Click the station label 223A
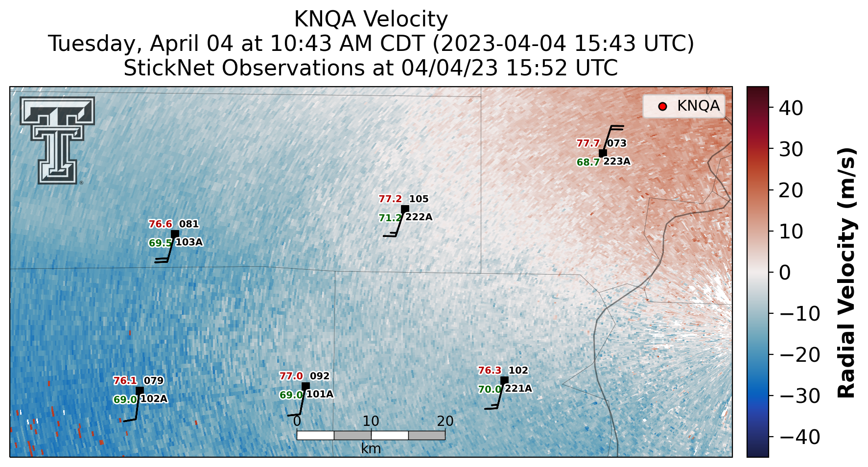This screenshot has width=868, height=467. (x=617, y=162)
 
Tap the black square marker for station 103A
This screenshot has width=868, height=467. (x=175, y=234)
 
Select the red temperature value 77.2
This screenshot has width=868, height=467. (x=390, y=199)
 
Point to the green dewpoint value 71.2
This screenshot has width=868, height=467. (x=390, y=218)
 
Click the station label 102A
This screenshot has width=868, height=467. (x=154, y=399)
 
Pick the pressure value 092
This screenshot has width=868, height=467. (x=320, y=376)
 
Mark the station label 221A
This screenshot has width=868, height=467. (x=518, y=389)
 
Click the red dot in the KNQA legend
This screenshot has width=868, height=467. (x=663, y=106)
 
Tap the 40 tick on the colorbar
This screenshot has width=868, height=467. (x=791, y=108)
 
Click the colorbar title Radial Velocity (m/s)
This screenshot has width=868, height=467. (x=847, y=272)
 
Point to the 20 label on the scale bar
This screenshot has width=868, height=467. (x=445, y=421)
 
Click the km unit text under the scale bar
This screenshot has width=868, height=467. (x=371, y=448)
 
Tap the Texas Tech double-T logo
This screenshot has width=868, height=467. (x=57, y=140)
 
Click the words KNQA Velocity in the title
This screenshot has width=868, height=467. (x=371, y=20)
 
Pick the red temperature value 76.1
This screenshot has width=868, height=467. (x=125, y=381)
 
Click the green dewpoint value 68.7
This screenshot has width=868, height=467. (x=588, y=162)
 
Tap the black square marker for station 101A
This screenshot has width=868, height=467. (x=305, y=386)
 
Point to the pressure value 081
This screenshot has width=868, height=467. (x=189, y=224)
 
